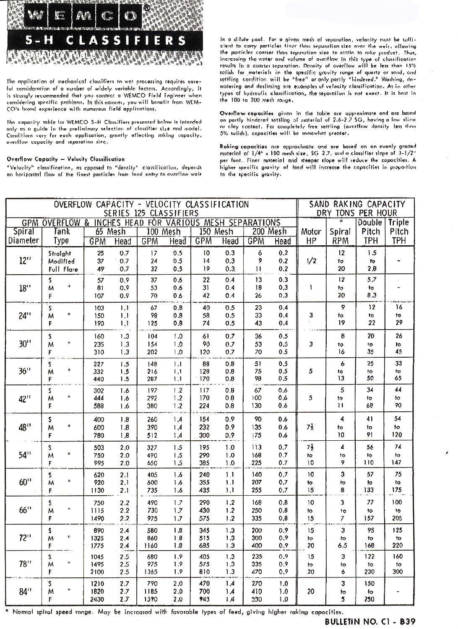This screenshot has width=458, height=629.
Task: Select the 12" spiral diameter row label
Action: [x=23, y=261]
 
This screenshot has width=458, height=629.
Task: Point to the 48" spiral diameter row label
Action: [x=23, y=427]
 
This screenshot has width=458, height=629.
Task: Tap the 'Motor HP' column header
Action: [x=311, y=236]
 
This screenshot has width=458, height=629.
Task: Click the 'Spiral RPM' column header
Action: [x=340, y=236]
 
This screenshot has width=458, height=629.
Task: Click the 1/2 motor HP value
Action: [x=311, y=261]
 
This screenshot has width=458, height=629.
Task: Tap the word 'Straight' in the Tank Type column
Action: [x=60, y=253]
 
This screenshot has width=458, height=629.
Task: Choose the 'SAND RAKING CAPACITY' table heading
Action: [x=357, y=204]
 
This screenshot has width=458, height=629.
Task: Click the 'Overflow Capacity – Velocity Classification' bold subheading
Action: [x=66, y=159]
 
